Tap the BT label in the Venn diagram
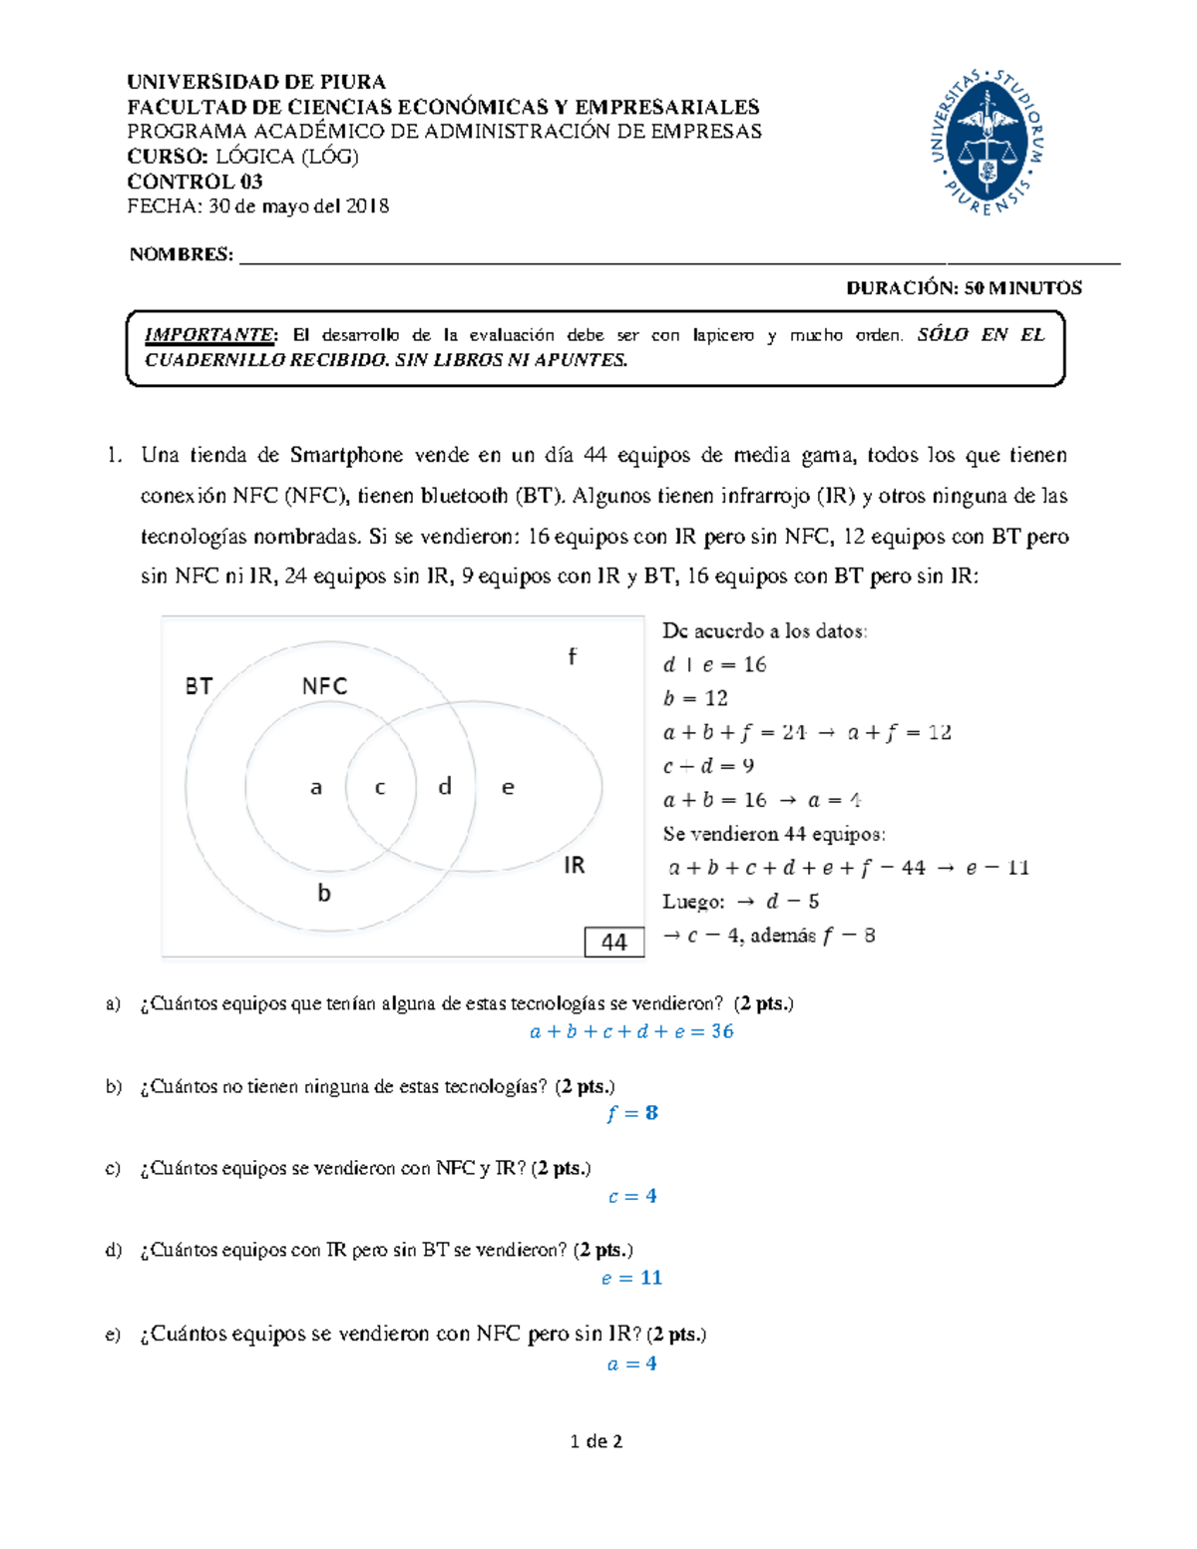coord(199,686)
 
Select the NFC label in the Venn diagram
coord(324,686)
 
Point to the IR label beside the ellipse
coord(574,865)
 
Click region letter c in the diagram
coord(380,788)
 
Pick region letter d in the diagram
coord(445,787)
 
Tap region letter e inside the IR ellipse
coord(508,788)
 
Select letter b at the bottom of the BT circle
coord(324,894)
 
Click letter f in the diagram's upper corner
coord(572,656)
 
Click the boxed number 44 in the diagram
coord(613,942)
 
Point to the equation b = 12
coord(695,698)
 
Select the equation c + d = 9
coord(708,766)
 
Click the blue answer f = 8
coord(631,1113)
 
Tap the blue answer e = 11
coord(631,1278)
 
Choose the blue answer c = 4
coord(632,1196)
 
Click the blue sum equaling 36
coord(631,1031)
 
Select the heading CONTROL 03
coord(195,182)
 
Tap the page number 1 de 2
coord(597,1441)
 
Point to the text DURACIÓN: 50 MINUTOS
coord(964,288)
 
